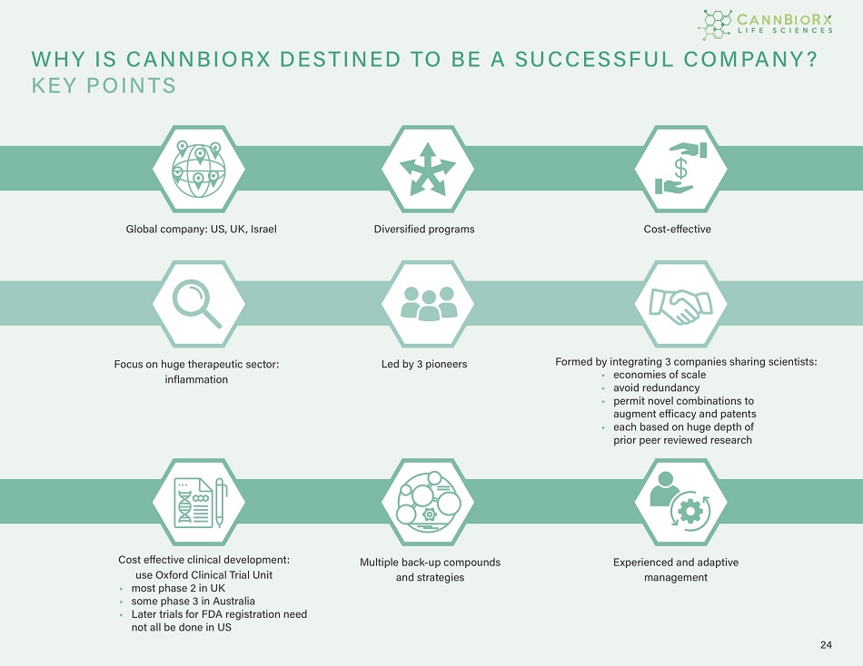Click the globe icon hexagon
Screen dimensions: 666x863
[198, 168]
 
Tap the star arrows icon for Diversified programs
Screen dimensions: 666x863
[422, 168]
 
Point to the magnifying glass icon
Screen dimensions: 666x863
[198, 303]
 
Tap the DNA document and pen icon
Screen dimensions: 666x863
[198, 501]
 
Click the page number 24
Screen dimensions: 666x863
[825, 645]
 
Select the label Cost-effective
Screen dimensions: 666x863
[677, 230]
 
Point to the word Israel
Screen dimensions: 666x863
[263, 230]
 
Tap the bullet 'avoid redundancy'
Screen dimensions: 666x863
[656, 388]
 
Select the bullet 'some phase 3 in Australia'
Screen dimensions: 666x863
[193, 602]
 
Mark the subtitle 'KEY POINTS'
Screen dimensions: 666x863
[104, 86]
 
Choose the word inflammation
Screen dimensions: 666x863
[196, 379]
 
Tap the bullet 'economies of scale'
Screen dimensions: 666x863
[659, 375]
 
